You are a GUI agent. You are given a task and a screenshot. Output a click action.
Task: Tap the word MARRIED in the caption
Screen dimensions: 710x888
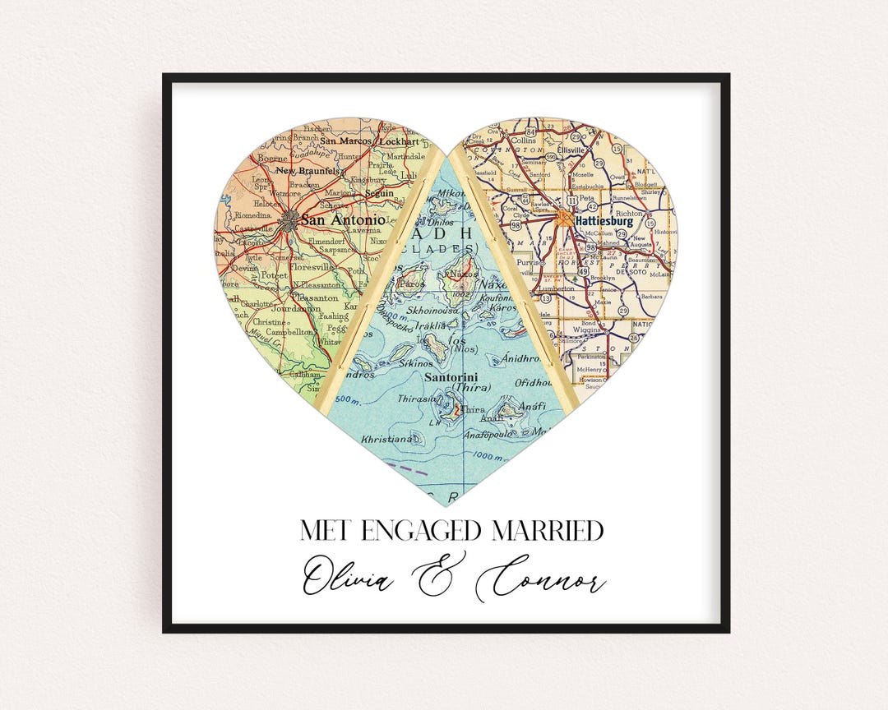click(548, 531)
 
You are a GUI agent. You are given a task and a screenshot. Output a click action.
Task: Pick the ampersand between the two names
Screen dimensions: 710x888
click(442, 575)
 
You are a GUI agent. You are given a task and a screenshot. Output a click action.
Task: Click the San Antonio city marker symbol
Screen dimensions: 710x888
click(289, 219)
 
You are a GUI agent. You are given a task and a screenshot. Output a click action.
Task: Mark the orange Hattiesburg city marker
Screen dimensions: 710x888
click(566, 217)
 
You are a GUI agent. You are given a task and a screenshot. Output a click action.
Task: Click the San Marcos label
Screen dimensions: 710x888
click(346, 141)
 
